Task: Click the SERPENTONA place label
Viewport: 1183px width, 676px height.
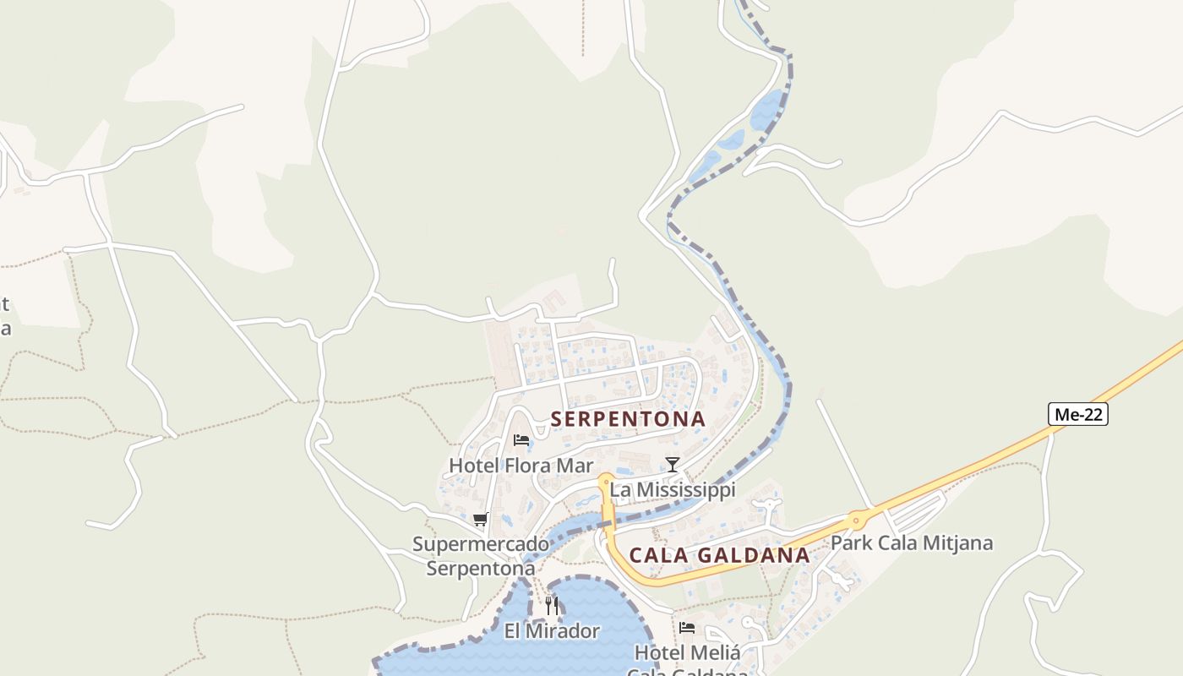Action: pos(628,418)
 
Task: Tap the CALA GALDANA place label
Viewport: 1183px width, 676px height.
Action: pos(719,555)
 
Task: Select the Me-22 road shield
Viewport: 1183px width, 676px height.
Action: pos(1077,414)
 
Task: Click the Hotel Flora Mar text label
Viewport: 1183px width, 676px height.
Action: pos(521,466)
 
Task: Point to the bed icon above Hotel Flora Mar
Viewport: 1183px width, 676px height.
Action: pos(521,440)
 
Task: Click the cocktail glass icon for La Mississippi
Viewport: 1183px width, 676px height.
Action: pos(673,464)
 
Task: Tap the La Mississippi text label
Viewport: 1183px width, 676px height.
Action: pos(673,489)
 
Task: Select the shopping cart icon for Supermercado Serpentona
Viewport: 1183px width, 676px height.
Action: pos(480,519)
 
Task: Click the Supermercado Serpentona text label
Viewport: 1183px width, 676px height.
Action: pos(481,556)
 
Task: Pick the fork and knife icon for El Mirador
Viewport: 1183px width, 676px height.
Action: pos(552,605)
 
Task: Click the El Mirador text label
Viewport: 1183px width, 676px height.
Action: pos(552,631)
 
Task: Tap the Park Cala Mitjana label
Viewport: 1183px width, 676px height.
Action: pos(912,542)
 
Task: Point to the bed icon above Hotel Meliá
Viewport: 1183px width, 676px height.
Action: pos(687,628)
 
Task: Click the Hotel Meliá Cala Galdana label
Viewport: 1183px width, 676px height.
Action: pos(687,662)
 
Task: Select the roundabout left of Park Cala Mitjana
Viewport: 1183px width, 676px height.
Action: pos(857,520)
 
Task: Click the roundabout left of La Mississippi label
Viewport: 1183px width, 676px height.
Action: pos(604,480)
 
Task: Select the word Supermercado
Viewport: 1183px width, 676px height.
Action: pos(481,544)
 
